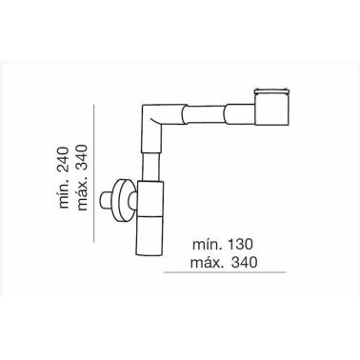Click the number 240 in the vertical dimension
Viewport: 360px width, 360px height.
click(x=64, y=159)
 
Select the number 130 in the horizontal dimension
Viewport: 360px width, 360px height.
click(x=240, y=245)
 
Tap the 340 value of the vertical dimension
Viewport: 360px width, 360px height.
click(x=82, y=157)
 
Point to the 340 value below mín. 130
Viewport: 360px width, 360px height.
click(x=244, y=262)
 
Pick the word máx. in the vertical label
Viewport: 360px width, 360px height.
click(x=82, y=194)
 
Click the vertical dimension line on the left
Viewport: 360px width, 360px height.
click(x=94, y=173)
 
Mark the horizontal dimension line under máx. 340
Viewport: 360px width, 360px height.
click(x=225, y=272)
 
